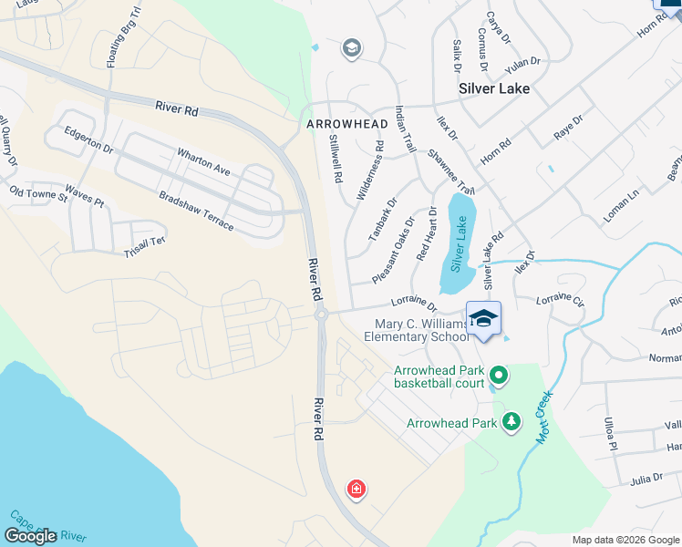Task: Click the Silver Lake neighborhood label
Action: click(x=495, y=89)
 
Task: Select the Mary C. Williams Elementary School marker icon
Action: click(x=484, y=318)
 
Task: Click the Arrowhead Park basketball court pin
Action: click(x=499, y=375)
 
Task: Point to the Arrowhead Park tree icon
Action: click(x=512, y=422)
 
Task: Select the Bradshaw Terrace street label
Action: click(x=196, y=210)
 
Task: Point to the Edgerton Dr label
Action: click(x=88, y=139)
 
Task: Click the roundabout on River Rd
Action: click(x=321, y=315)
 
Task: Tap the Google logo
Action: click(x=30, y=535)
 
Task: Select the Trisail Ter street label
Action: click(x=145, y=242)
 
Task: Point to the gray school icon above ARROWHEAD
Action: click(x=351, y=48)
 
